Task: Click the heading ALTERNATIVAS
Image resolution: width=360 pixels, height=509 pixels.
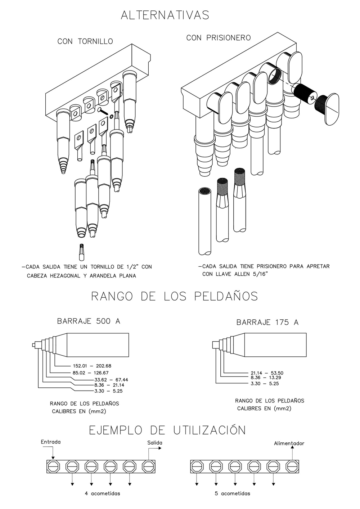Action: (x=165, y=15)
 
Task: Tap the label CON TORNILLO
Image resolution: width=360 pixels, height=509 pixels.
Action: (x=85, y=41)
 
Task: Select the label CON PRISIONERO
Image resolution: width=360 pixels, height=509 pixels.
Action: (x=218, y=37)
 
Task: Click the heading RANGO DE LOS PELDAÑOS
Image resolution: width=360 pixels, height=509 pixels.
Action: (x=175, y=296)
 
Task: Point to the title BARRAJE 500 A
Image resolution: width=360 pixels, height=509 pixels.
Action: (x=89, y=321)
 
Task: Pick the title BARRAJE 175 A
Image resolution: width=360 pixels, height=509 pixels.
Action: (x=267, y=322)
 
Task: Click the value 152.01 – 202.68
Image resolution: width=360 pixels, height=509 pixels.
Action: (x=92, y=366)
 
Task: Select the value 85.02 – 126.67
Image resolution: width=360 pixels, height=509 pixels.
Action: (x=90, y=373)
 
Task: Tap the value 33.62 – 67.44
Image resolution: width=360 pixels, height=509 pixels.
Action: (x=111, y=379)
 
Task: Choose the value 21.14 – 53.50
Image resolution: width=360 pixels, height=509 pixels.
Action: (x=267, y=373)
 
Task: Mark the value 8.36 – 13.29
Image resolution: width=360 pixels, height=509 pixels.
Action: (x=266, y=378)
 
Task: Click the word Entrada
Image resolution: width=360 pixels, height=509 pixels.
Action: (x=51, y=442)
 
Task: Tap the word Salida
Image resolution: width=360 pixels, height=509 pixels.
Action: (x=155, y=443)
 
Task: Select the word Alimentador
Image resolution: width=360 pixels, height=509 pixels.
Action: (x=289, y=443)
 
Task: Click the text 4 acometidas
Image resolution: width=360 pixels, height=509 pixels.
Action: (x=102, y=493)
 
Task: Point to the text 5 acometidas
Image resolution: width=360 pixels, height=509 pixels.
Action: (x=232, y=493)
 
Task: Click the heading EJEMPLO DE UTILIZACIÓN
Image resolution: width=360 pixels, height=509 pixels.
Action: (x=167, y=430)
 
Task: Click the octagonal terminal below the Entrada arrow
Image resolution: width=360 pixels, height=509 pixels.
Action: (x=53, y=467)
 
